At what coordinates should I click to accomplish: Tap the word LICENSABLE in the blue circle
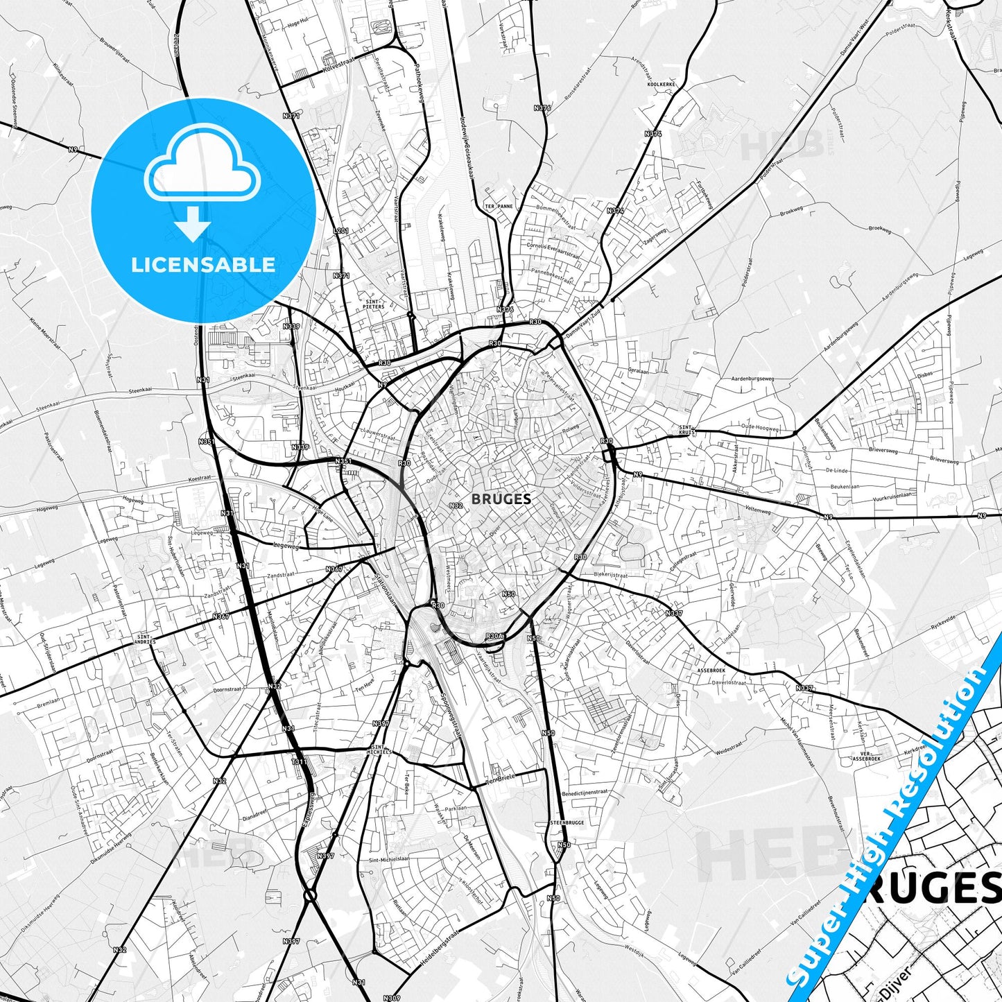coord(203,264)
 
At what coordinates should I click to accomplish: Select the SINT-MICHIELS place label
coord(381,749)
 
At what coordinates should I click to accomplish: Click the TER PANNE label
coord(499,206)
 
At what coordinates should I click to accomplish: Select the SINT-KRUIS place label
coord(686,430)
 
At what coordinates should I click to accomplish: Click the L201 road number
coord(340,230)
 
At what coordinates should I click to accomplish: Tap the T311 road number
coord(300,761)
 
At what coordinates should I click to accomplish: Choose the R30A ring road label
coord(494,636)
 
